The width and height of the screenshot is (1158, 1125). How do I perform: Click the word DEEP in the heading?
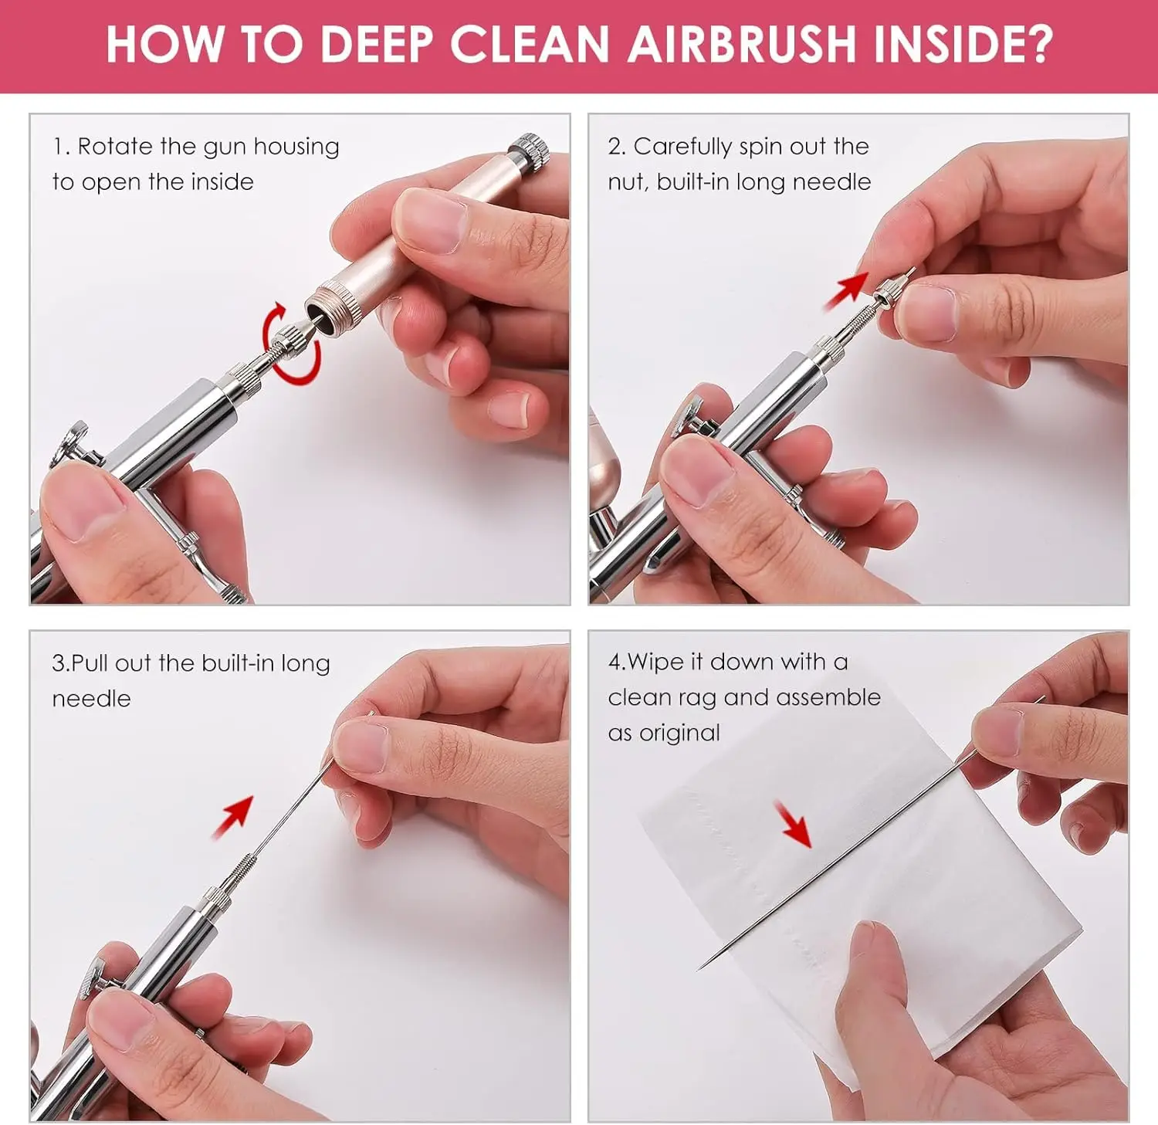[x=375, y=44]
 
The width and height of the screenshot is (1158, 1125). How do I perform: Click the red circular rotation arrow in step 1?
[x=291, y=344]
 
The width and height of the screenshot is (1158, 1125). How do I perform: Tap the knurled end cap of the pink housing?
[x=530, y=148]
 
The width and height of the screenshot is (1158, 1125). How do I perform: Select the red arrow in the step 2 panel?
[x=847, y=290]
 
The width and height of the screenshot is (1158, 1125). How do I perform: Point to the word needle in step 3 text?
[x=91, y=699]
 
